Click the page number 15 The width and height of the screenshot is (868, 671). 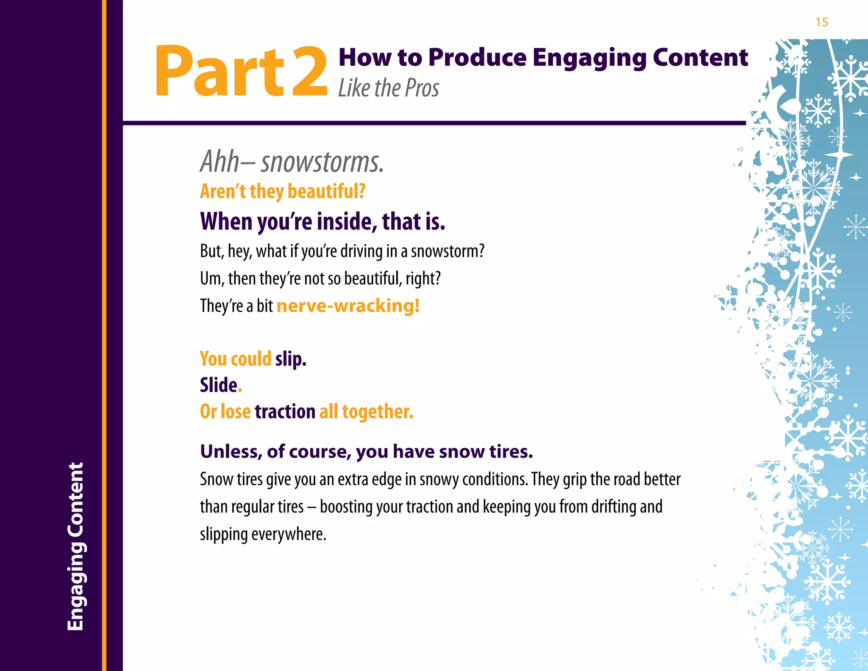click(x=821, y=22)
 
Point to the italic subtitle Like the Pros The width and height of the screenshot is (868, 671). click(x=388, y=88)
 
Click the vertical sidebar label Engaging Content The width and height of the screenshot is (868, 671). click(x=76, y=546)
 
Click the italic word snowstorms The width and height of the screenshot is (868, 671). click(x=322, y=162)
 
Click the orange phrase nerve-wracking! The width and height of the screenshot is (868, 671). click(x=348, y=306)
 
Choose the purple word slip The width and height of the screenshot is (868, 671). click(x=291, y=359)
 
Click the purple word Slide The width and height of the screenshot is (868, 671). click(x=219, y=386)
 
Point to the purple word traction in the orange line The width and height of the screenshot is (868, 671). click(x=285, y=412)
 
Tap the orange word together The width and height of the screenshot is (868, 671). click(x=377, y=412)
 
